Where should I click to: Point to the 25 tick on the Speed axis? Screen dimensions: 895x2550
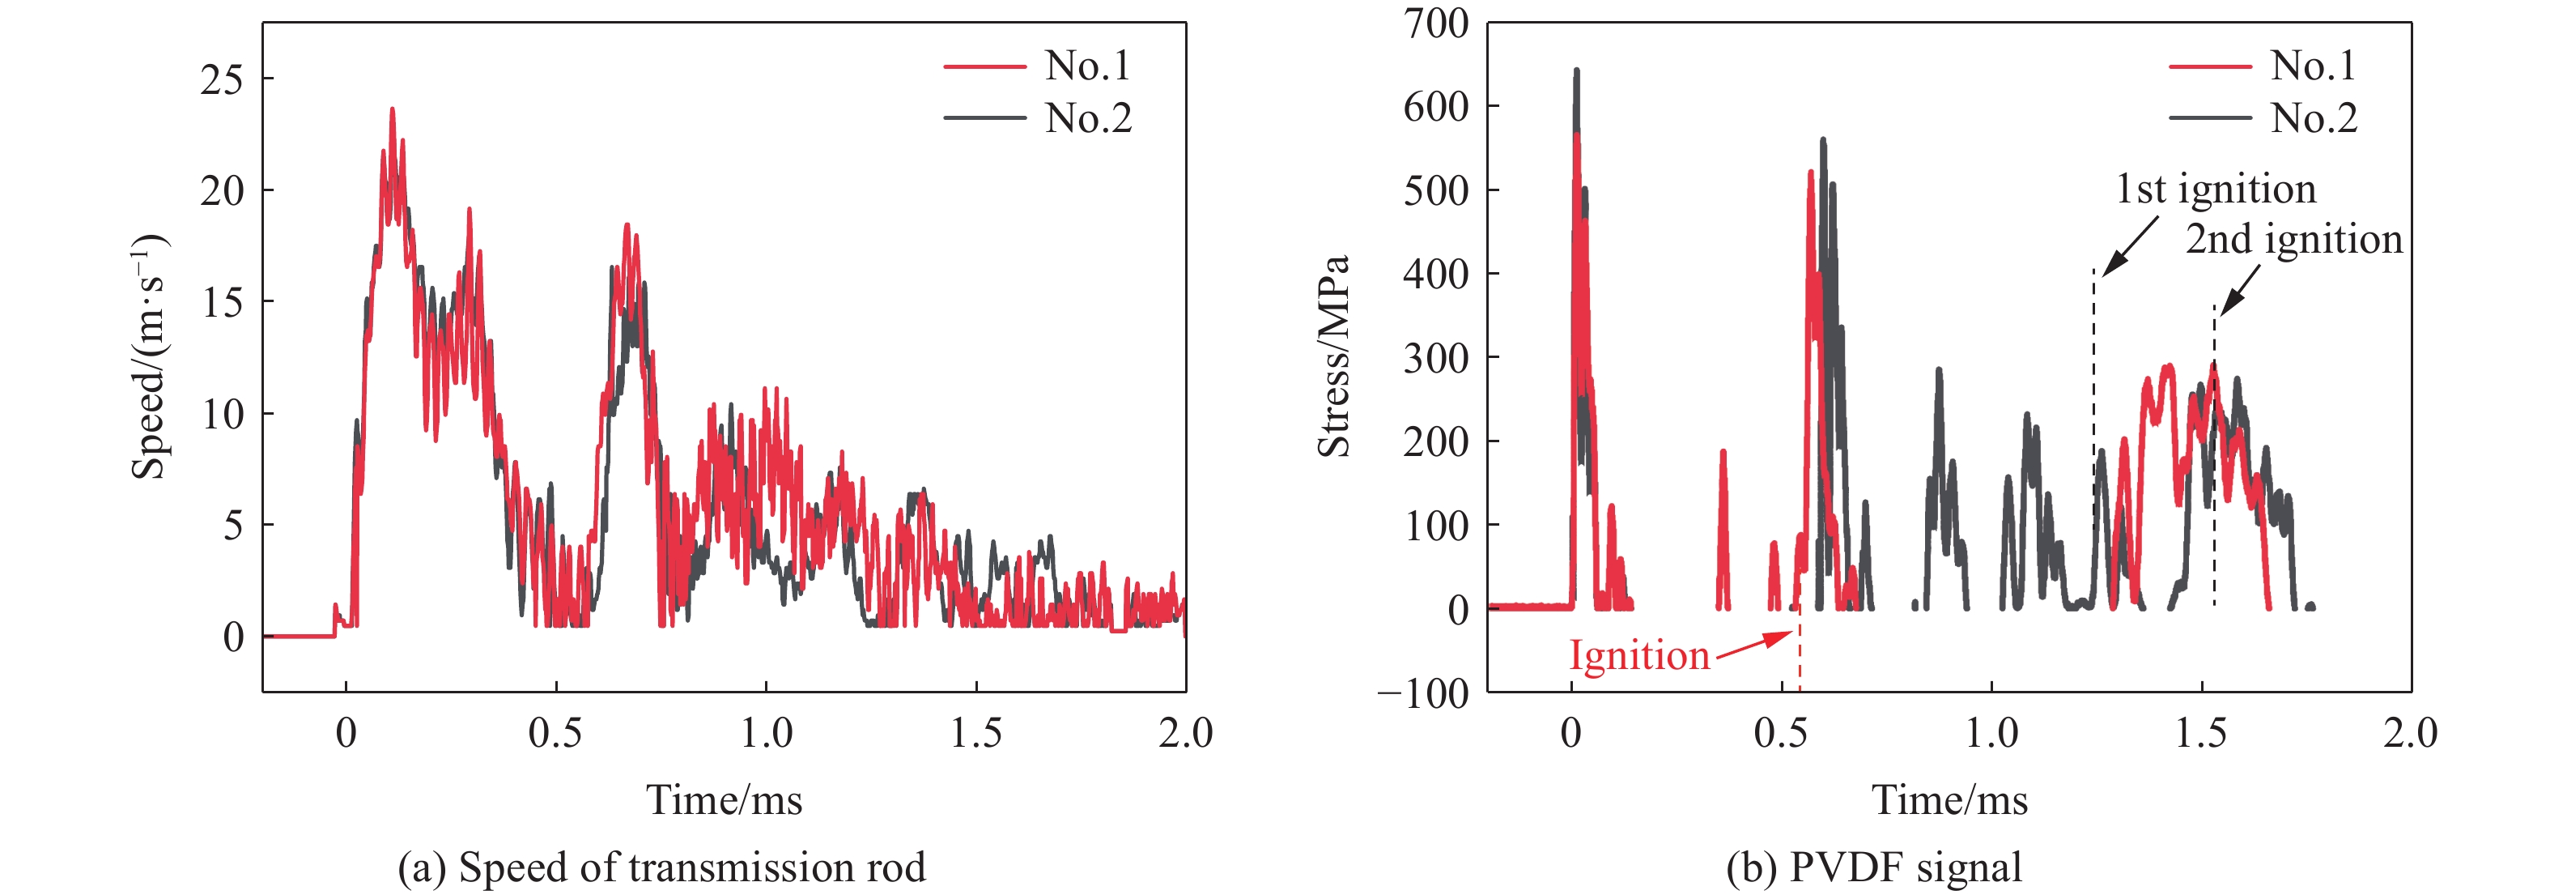[222, 79]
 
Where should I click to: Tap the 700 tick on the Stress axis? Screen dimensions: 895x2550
[1435, 23]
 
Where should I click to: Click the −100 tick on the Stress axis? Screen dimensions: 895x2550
[1423, 693]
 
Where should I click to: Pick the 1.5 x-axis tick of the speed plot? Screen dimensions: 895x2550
[976, 734]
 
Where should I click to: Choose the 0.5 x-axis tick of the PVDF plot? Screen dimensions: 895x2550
[1781, 734]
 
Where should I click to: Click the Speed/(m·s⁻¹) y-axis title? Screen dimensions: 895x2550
[150, 356]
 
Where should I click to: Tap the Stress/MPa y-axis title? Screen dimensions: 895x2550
[1333, 356]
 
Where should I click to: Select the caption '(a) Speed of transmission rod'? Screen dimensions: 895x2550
[661, 867]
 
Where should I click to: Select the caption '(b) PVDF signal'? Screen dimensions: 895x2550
[1874, 867]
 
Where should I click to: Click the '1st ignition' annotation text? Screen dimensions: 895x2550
[2216, 188]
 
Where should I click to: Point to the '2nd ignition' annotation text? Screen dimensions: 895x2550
[2293, 239]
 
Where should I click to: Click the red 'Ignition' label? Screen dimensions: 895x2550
[1639, 655]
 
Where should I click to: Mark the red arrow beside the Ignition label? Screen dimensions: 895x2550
[1754, 645]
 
